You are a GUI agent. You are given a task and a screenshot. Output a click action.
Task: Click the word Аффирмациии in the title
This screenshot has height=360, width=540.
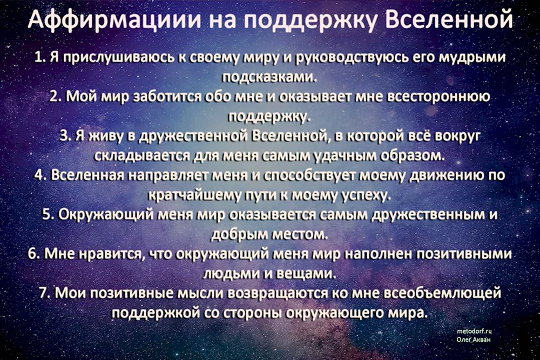click(114, 19)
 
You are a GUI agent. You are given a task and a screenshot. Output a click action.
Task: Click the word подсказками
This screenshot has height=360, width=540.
click(268, 77)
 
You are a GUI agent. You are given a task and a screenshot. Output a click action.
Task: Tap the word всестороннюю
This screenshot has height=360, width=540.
click(438, 97)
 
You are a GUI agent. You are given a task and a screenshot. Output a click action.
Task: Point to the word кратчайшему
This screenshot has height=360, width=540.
click(194, 195)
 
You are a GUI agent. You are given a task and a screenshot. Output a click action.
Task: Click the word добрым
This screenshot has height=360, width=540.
click(239, 234)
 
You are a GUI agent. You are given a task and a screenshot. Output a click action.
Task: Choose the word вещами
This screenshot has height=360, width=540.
click(307, 274)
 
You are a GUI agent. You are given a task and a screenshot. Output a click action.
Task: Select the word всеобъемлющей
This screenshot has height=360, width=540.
click(443, 293)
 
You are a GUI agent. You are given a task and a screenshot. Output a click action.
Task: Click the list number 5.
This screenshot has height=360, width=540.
click(48, 214)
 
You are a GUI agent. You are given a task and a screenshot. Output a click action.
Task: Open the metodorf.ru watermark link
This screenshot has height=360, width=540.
click(474, 331)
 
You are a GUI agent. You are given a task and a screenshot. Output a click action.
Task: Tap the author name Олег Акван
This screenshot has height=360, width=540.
click(474, 339)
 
